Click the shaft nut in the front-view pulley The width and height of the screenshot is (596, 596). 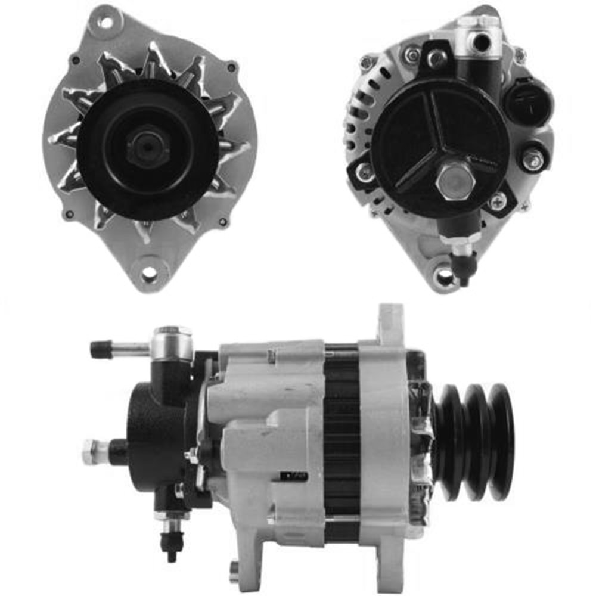[x=148, y=147]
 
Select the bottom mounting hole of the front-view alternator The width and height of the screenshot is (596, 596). [x=148, y=274]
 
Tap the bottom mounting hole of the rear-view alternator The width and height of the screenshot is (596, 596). [x=444, y=275]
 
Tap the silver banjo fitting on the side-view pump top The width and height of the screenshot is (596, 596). [x=172, y=344]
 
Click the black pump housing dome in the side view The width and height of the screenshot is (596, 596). [x=149, y=435]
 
